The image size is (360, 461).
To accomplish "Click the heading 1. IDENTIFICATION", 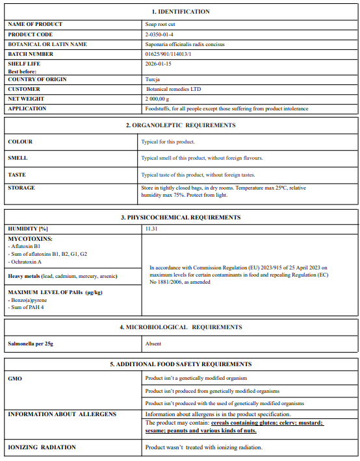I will pyautogui.click(x=181, y=12).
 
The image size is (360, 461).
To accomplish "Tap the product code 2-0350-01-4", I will pyautogui.click(x=159, y=34).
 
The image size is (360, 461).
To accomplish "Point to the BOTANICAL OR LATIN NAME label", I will pyautogui.click(x=47, y=44).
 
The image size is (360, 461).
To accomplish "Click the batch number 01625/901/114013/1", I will pyautogui.click(x=168, y=54).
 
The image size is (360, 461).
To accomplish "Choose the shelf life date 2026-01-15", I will pyautogui.click(x=159, y=64).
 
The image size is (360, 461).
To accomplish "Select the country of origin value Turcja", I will pyautogui.click(x=153, y=79).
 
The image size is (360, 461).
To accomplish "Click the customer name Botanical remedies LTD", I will pyautogui.click(x=174, y=89).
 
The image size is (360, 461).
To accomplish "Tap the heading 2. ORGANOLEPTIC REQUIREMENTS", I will pyautogui.click(x=181, y=125).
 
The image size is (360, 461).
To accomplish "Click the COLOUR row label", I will pyautogui.click(x=20, y=142).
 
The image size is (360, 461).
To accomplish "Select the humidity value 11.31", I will pyautogui.click(x=151, y=229).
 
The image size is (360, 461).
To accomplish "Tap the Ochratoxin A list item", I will pyautogui.click(x=27, y=262).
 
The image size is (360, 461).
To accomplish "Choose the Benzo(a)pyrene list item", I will pyautogui.click(x=27, y=301).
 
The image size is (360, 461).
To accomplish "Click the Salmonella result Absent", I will pyautogui.click(x=153, y=343).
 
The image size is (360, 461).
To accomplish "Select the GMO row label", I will pyautogui.click(x=16, y=377).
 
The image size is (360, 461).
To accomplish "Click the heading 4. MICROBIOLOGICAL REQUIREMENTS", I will pyautogui.click(x=181, y=327).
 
